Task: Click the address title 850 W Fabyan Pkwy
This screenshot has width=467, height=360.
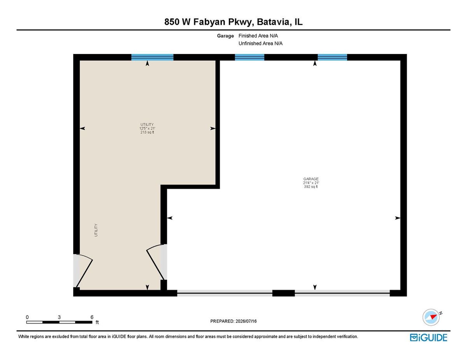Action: pos(207,22)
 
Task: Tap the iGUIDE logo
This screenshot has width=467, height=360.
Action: pos(428,337)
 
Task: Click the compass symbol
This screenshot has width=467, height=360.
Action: pos(431,317)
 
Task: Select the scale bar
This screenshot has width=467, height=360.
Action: pos(59,322)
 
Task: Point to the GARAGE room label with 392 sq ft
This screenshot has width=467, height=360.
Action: pos(311,183)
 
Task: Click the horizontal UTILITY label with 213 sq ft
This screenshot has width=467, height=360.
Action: pos(147,128)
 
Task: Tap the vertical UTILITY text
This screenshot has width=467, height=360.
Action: pos(96,230)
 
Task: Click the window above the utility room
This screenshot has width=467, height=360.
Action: pos(153,57)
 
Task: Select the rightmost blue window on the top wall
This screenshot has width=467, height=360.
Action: pos(332,57)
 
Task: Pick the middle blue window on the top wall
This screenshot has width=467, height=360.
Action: pos(249,57)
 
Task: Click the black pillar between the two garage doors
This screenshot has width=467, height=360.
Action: pos(283,293)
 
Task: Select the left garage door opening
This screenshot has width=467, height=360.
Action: pos(225,293)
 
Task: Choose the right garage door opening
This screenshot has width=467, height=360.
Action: pos(342,293)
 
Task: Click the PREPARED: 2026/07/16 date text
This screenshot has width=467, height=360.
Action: pos(233,321)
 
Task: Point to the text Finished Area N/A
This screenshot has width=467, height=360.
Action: pos(258,36)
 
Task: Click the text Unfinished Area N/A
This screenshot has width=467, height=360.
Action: pos(260,43)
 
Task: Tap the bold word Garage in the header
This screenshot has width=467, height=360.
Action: pos(225,36)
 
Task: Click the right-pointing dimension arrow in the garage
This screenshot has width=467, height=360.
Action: pos(398,218)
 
